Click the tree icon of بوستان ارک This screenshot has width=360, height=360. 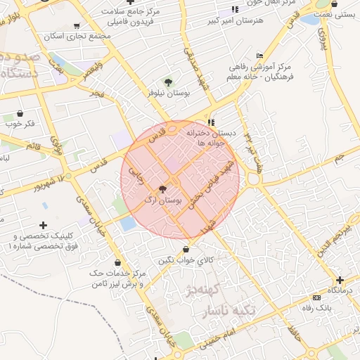163,188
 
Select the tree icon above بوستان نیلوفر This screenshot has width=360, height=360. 167,82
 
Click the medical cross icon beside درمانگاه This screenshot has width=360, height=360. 340,279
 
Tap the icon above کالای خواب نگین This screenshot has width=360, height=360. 186,249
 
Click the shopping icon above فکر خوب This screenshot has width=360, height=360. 20,113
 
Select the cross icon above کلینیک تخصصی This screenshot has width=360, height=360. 44,225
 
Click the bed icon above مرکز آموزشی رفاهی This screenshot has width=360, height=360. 260,56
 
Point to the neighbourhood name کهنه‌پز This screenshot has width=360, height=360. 205,289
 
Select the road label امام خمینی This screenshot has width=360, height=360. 213,339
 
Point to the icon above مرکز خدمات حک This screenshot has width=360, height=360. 117,262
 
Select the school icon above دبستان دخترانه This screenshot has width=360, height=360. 211,122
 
